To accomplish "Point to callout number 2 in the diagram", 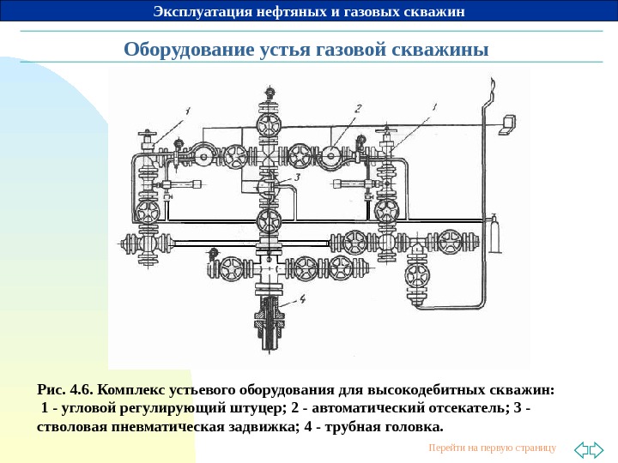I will (358, 108).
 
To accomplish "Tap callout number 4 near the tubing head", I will (304, 299).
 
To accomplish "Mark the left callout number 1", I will (187, 109).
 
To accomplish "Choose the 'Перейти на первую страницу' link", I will (491, 448).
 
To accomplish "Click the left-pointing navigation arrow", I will (581, 448).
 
